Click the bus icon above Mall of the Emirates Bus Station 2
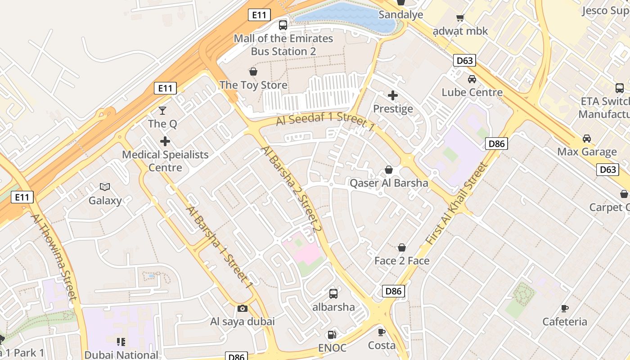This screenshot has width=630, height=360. (x=283, y=25)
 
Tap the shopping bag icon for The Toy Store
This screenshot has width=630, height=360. (x=253, y=72)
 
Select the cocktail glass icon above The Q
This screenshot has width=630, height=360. (x=162, y=110)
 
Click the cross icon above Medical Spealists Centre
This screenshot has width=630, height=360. (x=165, y=141)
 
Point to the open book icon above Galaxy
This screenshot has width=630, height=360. (x=105, y=187)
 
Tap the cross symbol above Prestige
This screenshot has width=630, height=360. (x=393, y=95)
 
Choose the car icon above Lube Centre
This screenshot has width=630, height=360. (x=472, y=79)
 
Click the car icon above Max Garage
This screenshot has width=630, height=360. (x=587, y=139)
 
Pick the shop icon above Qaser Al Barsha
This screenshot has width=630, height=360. (x=389, y=170)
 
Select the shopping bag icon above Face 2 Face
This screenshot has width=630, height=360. (x=402, y=247)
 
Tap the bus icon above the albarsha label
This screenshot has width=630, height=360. (x=333, y=294)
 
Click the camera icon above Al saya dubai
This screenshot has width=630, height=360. (x=243, y=308)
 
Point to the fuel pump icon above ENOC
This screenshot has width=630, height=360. (x=332, y=334)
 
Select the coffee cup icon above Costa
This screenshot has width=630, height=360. (x=382, y=332)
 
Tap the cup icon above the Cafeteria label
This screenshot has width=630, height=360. (x=565, y=308)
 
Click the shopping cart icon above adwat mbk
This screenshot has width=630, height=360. (x=460, y=18)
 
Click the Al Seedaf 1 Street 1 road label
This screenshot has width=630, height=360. (x=325, y=122)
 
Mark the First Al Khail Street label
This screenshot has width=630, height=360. (x=457, y=204)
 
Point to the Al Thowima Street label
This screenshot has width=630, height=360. (x=54, y=256)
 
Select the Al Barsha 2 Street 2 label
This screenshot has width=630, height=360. (x=292, y=189)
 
